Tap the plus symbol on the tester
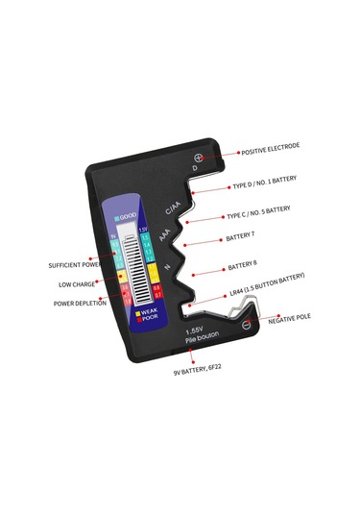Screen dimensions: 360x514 pos(199,158)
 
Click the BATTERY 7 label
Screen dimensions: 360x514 pos(239,236)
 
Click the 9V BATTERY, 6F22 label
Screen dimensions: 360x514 pos(198,370)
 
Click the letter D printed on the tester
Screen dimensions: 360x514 pos(195,170)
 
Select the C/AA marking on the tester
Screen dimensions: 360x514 pos(173,208)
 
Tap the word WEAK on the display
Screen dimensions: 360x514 pos(149,312)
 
